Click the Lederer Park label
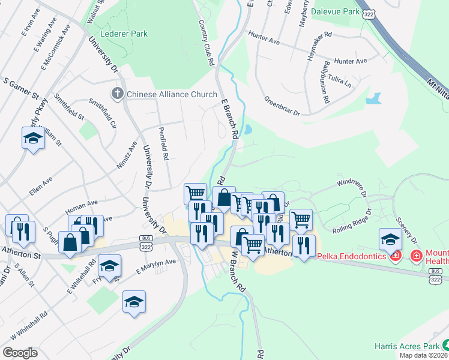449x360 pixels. pyautogui.click(x=124, y=34)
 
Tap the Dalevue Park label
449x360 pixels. pyautogui.click(x=334, y=11)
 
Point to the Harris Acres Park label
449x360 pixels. pyautogui.click(x=406, y=346)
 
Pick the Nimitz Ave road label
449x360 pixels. pyautogui.click(x=127, y=155)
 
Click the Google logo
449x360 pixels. pyautogui.click(x=20, y=352)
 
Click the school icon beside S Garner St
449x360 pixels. pyautogui.click(x=33, y=139)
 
